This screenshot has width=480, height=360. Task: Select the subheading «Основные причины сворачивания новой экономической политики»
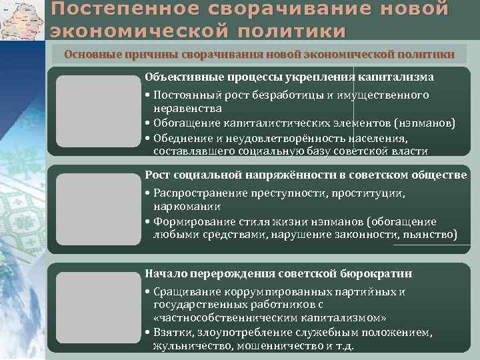pos(259,54)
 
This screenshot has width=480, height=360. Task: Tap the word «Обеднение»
pos(180,138)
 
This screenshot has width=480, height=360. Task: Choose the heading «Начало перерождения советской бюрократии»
pos(278,274)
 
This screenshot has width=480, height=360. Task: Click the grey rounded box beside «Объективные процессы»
pos(99,113)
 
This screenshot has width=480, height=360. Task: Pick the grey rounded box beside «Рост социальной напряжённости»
pos(99,210)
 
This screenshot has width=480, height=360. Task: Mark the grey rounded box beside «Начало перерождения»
pos(99,309)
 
